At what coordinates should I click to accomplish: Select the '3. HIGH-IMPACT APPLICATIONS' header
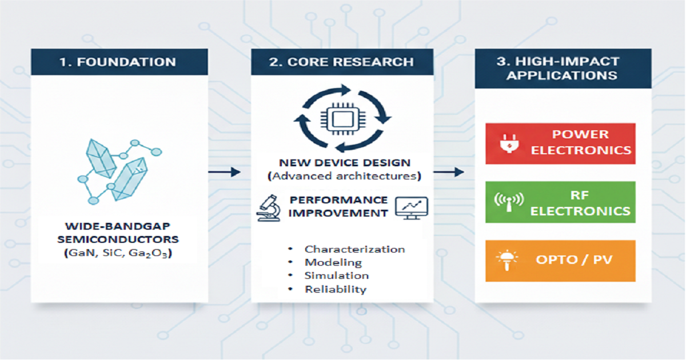pyautogui.click(x=563, y=69)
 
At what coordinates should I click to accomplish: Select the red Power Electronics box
pyautogui.click(x=560, y=143)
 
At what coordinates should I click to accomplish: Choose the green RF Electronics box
pyautogui.click(x=560, y=202)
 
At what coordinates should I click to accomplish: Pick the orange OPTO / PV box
pyautogui.click(x=560, y=261)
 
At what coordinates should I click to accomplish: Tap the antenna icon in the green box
pyautogui.click(x=507, y=203)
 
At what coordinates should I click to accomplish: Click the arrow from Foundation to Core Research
pyautogui.click(x=224, y=172)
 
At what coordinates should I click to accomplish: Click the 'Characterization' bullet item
pyautogui.click(x=354, y=249)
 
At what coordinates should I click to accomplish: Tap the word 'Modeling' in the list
pyautogui.click(x=333, y=262)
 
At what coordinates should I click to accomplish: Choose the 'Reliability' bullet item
pyautogui.click(x=335, y=289)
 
